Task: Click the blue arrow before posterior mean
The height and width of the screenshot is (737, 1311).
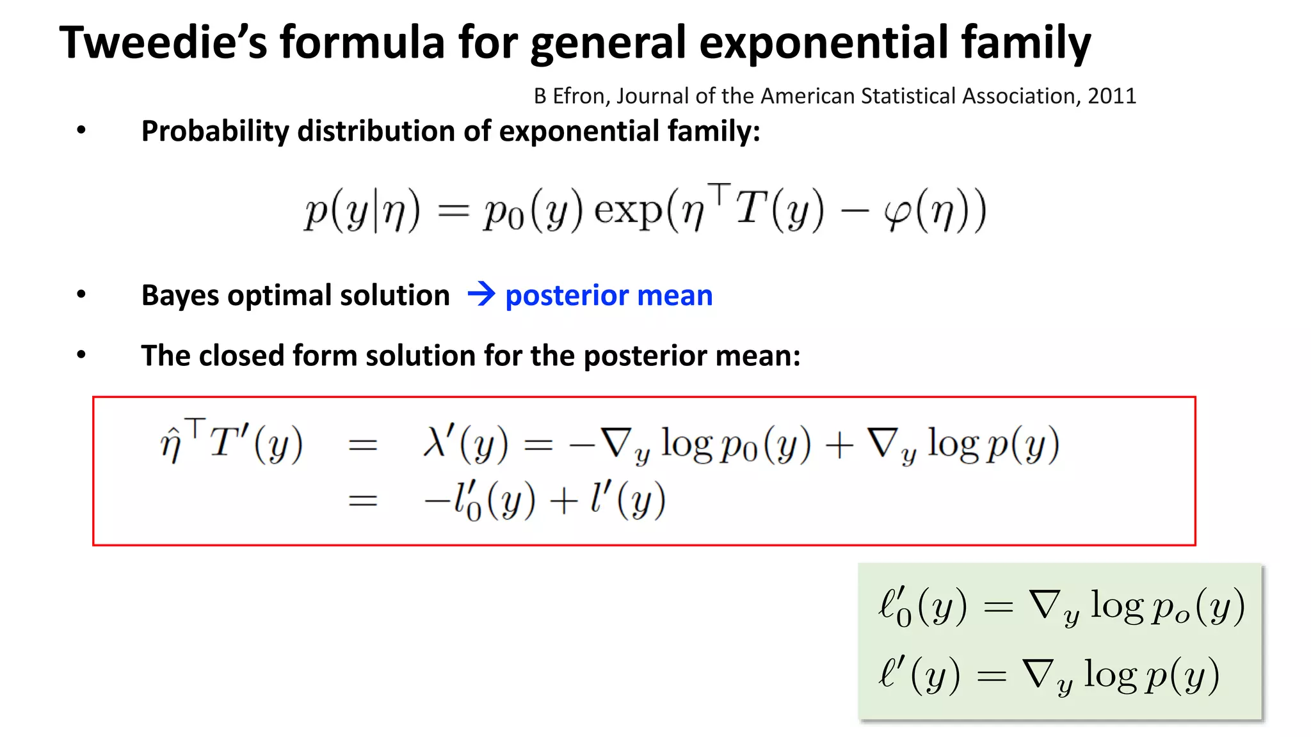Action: (x=481, y=294)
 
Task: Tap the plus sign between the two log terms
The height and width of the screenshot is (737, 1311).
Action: (x=839, y=445)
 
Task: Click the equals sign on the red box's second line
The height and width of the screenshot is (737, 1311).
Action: (x=362, y=500)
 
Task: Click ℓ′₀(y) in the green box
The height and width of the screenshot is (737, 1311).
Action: (x=922, y=606)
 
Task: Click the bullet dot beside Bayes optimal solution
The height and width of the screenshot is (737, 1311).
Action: (x=81, y=294)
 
